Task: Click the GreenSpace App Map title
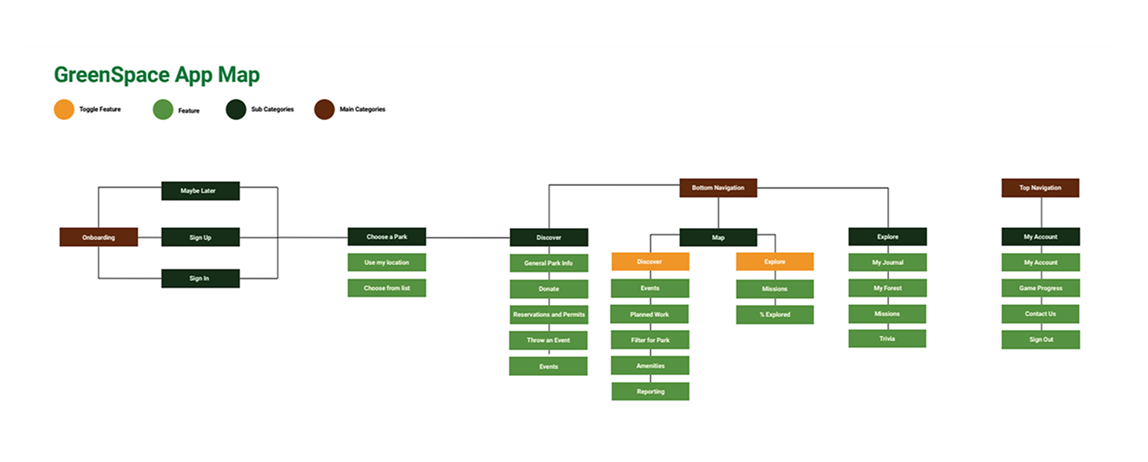coord(157,75)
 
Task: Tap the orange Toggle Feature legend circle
coord(64,110)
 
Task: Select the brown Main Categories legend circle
coord(324,110)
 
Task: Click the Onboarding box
coord(99,237)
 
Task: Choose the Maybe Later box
coord(200,191)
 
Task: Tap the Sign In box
coord(200,279)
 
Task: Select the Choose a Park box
coord(386,236)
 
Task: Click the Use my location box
coord(386,263)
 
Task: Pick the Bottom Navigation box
coord(718,188)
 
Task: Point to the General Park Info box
coord(548,263)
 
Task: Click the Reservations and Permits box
coord(548,315)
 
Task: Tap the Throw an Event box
coord(548,340)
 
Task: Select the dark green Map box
coord(718,237)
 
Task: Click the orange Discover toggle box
coord(649,262)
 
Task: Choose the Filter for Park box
coord(649,340)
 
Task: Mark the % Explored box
coord(775,315)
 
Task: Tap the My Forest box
coord(887,288)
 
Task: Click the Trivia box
coord(887,339)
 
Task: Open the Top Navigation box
coord(1040,188)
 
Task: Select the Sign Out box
coord(1040,340)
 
